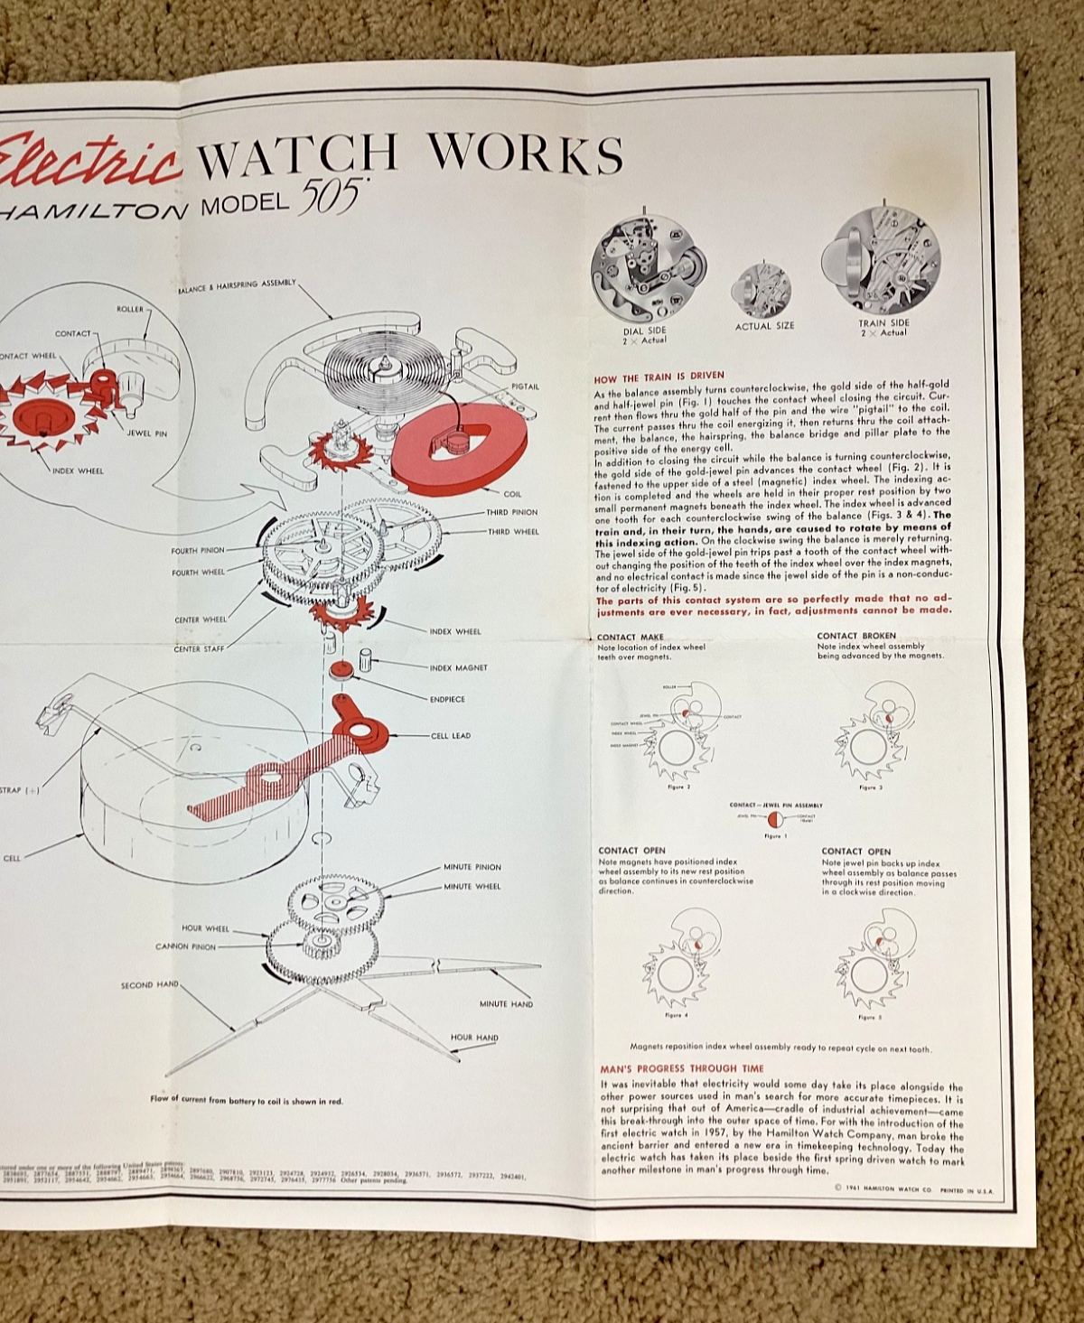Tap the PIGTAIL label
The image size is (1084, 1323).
(x=525, y=387)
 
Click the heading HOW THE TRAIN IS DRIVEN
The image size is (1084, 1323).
(x=659, y=376)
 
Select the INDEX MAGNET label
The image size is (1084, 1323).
(x=458, y=668)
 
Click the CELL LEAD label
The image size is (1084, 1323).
(x=451, y=736)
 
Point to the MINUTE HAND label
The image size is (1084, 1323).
(x=506, y=1004)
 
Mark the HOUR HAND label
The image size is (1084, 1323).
(x=474, y=1038)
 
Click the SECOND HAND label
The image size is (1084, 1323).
(x=150, y=985)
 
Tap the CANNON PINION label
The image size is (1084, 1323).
(x=185, y=946)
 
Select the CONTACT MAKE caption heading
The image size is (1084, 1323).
(x=630, y=637)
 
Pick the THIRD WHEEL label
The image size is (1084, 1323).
(x=513, y=532)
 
